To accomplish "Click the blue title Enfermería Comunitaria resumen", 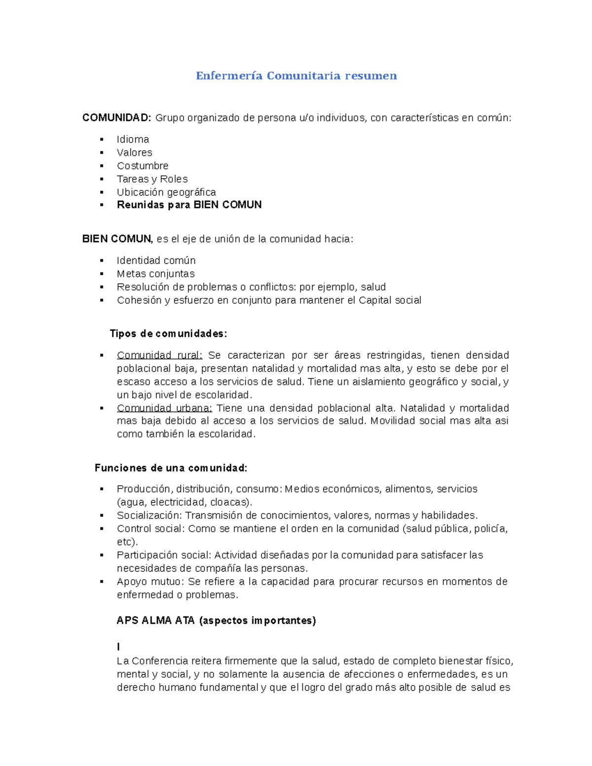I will [296, 75].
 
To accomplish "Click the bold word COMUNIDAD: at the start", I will [116, 118].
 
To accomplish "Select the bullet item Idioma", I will [133, 140].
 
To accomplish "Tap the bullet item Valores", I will [134, 153].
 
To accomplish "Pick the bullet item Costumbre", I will [143, 166].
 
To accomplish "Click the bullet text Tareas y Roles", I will [152, 179].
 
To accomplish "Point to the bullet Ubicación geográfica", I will [166, 192].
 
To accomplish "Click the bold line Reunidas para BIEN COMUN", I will [189, 205].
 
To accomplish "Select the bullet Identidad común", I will [156, 260].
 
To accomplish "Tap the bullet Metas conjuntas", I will [155, 274].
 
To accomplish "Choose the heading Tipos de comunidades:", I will [168, 334].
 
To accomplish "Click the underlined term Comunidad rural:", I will [159, 356].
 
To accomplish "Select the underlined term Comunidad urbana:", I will [164, 408].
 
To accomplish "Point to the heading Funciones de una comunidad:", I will [171, 468].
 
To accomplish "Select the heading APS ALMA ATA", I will [156, 621].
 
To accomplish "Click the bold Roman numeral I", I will [118, 647].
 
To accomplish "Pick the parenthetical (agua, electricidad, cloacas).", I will [184, 503].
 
